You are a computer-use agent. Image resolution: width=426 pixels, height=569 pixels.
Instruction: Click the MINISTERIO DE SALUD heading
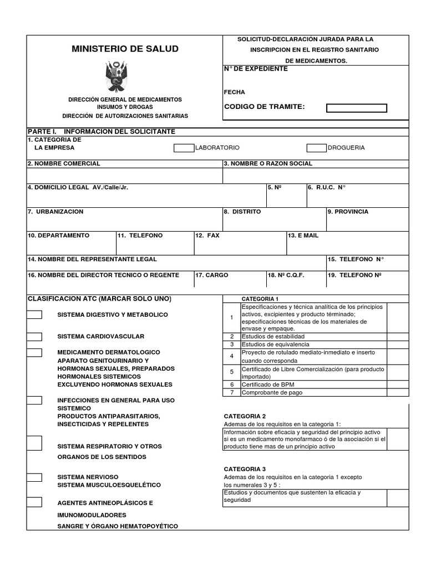click(125, 49)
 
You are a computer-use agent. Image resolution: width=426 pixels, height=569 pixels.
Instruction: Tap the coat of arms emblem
click(116, 76)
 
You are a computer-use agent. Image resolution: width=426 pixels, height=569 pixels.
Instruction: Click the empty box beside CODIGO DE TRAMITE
click(356, 108)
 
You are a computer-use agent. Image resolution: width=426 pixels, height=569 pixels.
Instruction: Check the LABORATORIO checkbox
click(184, 148)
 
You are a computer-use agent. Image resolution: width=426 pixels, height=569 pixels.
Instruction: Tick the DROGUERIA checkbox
click(316, 148)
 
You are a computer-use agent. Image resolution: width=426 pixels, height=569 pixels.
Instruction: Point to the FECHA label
click(234, 92)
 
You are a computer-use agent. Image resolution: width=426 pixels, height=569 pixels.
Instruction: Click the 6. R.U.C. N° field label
click(327, 188)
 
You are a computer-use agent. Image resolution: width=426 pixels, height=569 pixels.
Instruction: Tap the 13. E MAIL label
click(303, 236)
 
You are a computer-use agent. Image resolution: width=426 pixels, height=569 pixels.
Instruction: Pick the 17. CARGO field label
click(211, 275)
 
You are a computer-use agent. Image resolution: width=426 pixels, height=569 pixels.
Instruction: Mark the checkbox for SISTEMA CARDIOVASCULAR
click(34, 337)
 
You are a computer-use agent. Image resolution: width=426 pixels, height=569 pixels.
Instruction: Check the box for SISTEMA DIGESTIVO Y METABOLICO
click(34, 315)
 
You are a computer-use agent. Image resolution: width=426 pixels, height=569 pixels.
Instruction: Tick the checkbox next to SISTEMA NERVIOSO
click(34, 477)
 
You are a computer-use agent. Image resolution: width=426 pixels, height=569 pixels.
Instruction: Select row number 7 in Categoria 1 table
click(231, 392)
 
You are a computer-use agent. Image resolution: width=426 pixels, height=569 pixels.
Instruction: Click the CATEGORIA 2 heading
click(245, 416)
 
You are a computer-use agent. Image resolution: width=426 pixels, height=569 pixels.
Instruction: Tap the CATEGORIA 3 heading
click(245, 469)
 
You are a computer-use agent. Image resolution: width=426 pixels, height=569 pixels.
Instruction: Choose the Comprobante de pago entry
click(271, 392)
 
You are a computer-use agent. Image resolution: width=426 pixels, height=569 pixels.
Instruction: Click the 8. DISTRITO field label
click(242, 212)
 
